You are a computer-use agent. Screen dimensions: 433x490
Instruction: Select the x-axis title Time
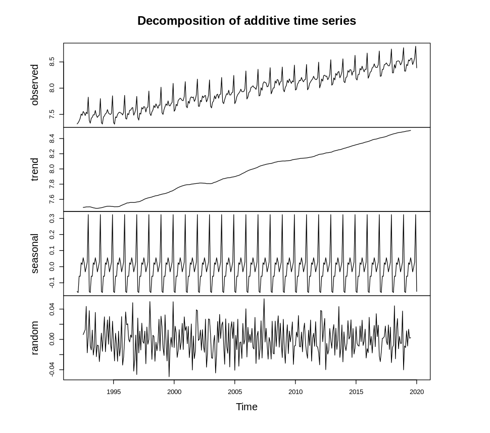(247, 407)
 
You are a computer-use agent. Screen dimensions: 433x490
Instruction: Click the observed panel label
(35, 85)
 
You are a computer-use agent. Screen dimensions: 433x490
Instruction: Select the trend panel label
(35, 169)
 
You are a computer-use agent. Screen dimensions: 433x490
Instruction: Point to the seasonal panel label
(35, 253)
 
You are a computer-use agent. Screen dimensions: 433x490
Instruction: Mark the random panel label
(35, 338)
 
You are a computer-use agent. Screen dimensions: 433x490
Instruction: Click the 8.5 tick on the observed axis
(52, 62)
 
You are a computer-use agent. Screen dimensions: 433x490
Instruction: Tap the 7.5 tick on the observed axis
(52, 115)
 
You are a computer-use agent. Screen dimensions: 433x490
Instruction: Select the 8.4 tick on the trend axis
(52, 138)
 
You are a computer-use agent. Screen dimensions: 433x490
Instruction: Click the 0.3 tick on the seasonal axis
(52, 219)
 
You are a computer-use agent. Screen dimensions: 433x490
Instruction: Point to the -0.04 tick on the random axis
(52, 370)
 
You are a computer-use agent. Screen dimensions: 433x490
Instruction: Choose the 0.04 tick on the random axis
(52, 309)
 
